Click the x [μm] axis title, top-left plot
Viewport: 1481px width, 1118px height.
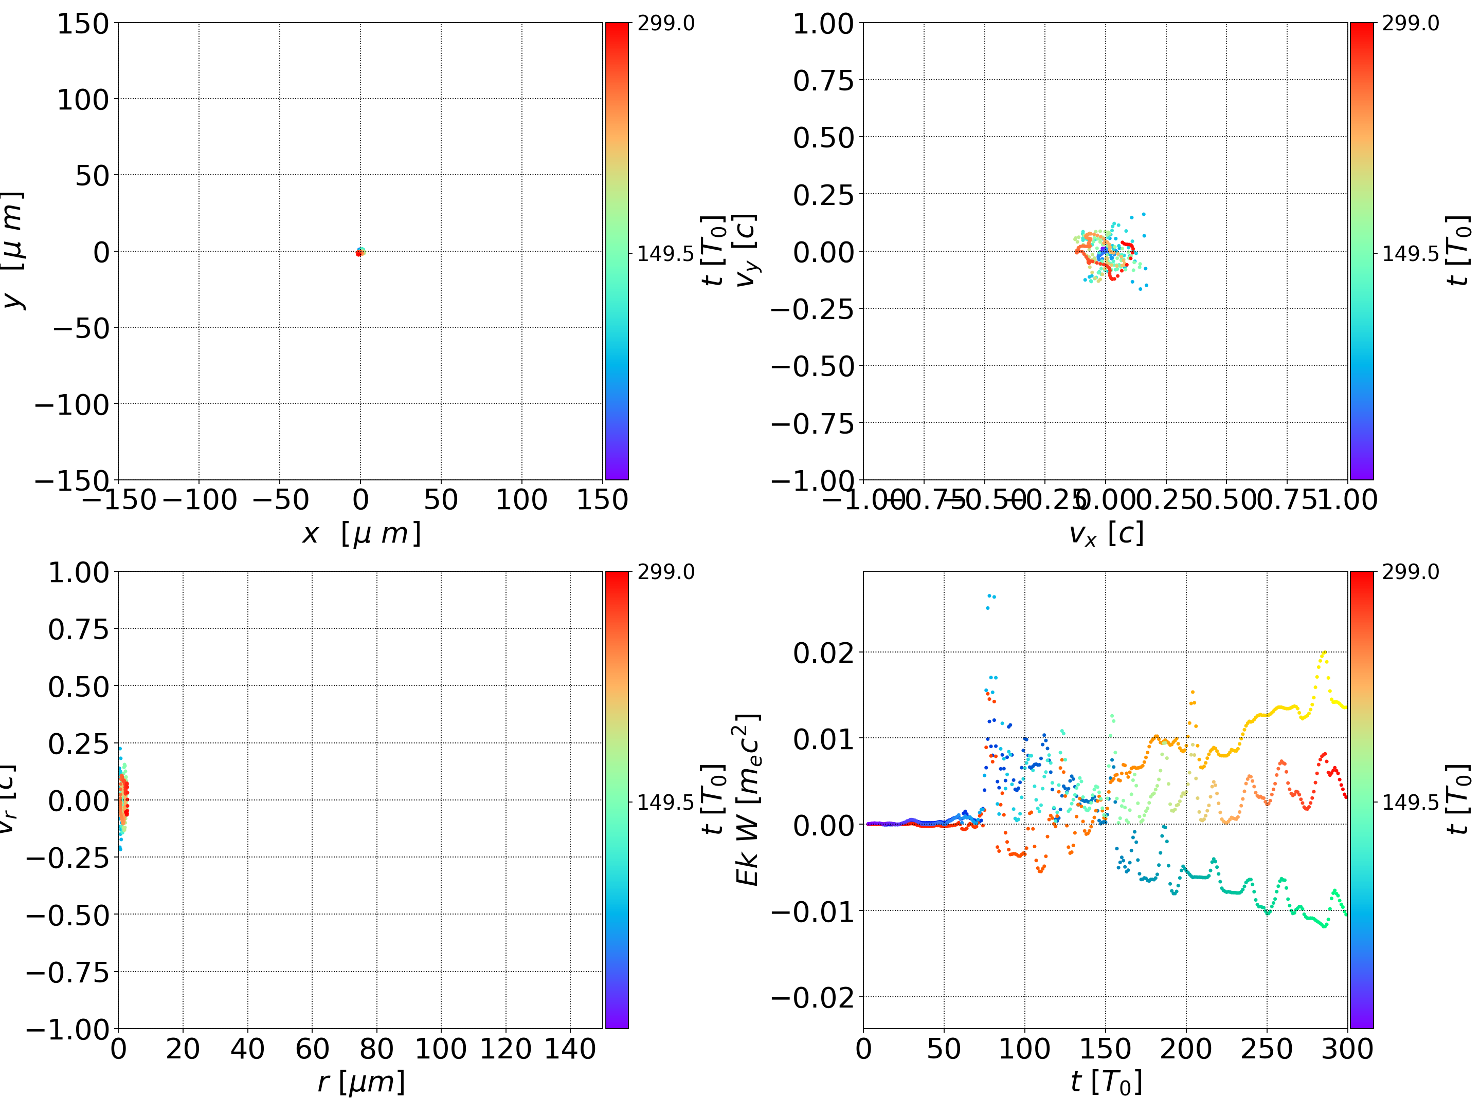pyautogui.click(x=361, y=533)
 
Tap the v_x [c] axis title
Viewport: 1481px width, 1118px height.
pyautogui.click(x=1106, y=533)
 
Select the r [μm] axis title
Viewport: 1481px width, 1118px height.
pyautogui.click(x=361, y=1082)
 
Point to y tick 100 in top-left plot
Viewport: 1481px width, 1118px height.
pyautogui.click(x=82, y=100)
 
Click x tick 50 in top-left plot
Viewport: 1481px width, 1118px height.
pyautogui.click(x=441, y=500)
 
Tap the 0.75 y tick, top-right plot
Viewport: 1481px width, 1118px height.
pyautogui.click(x=823, y=80)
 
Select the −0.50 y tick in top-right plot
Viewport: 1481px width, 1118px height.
pyautogui.click(x=813, y=366)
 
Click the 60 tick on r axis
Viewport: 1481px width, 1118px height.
pyautogui.click(x=312, y=1049)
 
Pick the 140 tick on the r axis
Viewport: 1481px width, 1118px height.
pyautogui.click(x=570, y=1049)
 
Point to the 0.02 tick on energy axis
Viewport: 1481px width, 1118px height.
pyautogui.click(x=823, y=653)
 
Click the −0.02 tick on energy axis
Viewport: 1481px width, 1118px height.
pyautogui.click(x=813, y=998)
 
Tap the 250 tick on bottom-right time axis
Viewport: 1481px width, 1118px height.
pyautogui.click(x=1266, y=1049)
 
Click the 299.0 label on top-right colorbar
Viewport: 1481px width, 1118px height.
pyautogui.click(x=1410, y=24)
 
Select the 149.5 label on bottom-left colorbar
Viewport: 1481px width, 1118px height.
pyautogui.click(x=665, y=802)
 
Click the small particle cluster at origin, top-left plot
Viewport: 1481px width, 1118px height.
pyautogui.click(x=360, y=252)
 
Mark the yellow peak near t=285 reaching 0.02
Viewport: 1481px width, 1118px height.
pyautogui.click(x=1323, y=654)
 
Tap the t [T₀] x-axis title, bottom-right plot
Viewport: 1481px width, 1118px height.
pyautogui.click(x=1106, y=1082)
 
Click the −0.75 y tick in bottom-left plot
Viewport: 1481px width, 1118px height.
pyautogui.click(x=68, y=972)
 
